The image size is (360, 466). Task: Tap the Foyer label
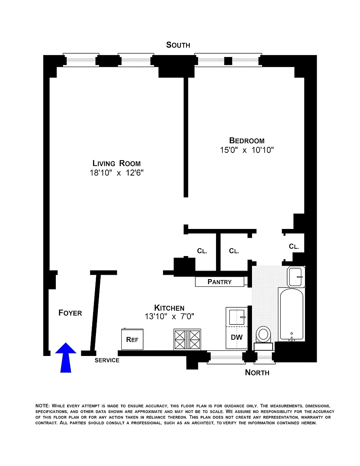[x=70, y=313]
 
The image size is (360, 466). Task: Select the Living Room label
[x=116, y=163]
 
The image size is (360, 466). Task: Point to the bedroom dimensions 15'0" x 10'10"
[x=247, y=150]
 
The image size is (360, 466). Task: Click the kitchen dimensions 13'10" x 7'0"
[x=169, y=316]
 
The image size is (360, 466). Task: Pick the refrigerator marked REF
[x=133, y=339]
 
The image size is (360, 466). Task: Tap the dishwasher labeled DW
[x=237, y=338]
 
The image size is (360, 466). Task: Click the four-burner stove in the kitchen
[x=187, y=339]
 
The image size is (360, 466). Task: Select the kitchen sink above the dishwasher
[x=237, y=317]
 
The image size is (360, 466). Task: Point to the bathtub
[x=292, y=314]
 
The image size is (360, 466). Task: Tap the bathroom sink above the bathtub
[x=296, y=276]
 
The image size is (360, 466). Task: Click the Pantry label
[x=220, y=282]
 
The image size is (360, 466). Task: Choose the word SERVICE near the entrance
[x=107, y=360]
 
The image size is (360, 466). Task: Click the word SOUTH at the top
[x=178, y=45]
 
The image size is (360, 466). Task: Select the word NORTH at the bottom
[x=257, y=373]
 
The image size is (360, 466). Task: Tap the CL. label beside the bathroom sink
[x=294, y=246]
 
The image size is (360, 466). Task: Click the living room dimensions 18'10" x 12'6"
[x=116, y=173]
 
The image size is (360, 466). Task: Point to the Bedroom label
[x=247, y=141]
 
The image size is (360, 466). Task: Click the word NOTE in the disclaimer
[x=42, y=406]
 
